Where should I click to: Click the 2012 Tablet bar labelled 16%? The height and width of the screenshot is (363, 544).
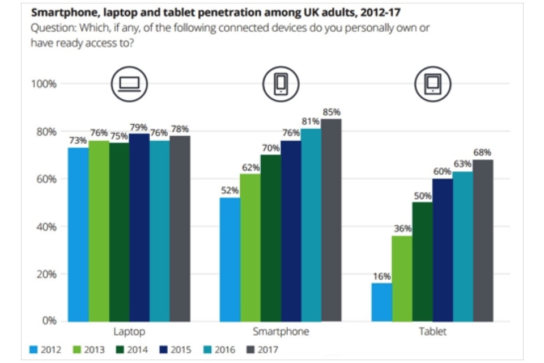pyautogui.click(x=381, y=302)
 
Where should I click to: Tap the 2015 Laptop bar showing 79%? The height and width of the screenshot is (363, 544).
pyautogui.click(x=139, y=227)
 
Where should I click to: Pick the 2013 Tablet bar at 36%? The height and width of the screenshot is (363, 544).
pyautogui.click(x=402, y=278)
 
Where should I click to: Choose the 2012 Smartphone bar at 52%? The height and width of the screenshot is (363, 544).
pyautogui.click(x=229, y=259)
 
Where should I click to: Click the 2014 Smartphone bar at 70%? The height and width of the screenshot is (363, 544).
pyautogui.click(x=270, y=238)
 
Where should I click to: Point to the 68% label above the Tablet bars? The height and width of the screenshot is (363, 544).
pyautogui.click(x=483, y=153)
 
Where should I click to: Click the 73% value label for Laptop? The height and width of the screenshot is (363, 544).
pyautogui.click(x=78, y=140)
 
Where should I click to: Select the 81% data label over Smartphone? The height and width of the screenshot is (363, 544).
pyautogui.click(x=311, y=121)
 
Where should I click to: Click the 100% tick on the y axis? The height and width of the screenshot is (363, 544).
pyautogui.click(x=43, y=84)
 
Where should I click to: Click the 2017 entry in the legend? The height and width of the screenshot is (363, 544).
pyautogui.click(x=262, y=350)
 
